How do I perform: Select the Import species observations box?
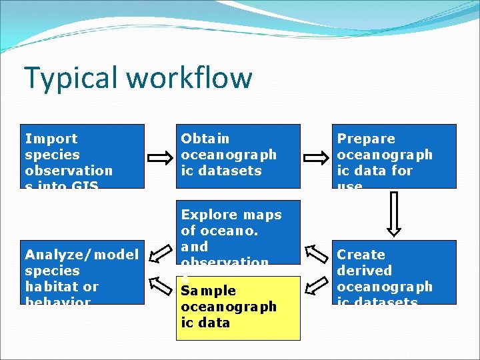tap(83, 156)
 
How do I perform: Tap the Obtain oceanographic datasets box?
tap(237, 156)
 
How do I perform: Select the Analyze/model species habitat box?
tap(83, 272)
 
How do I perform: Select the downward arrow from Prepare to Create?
tap(394, 215)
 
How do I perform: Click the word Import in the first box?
tap(51, 139)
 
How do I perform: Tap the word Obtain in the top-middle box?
tap(205, 139)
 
